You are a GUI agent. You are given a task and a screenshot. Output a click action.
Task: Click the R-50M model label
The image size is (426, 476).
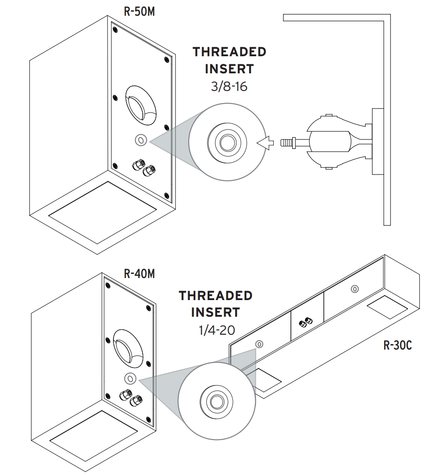click(x=139, y=11)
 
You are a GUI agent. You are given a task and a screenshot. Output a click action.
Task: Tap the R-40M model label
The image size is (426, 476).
click(x=139, y=274)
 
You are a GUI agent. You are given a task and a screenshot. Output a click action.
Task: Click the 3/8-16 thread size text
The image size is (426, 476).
click(x=230, y=86)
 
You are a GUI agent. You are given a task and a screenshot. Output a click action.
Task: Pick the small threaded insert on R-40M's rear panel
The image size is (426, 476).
click(x=130, y=378)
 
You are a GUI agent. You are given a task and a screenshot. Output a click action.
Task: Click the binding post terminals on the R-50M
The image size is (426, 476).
click(x=142, y=167)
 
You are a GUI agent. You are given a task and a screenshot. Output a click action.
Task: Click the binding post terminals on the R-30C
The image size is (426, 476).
click(x=306, y=322)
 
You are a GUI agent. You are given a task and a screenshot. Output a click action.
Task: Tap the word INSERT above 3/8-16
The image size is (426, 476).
click(x=229, y=69)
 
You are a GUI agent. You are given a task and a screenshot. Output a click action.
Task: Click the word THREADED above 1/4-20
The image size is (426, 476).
click(x=216, y=296)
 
